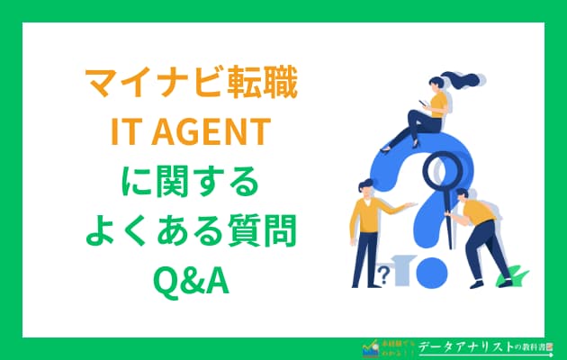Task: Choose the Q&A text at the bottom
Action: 189,280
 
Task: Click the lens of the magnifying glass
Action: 444,169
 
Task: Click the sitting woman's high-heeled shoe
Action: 388,141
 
